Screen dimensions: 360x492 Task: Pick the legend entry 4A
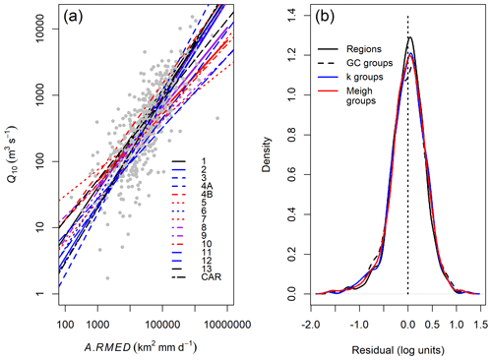[208, 184]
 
